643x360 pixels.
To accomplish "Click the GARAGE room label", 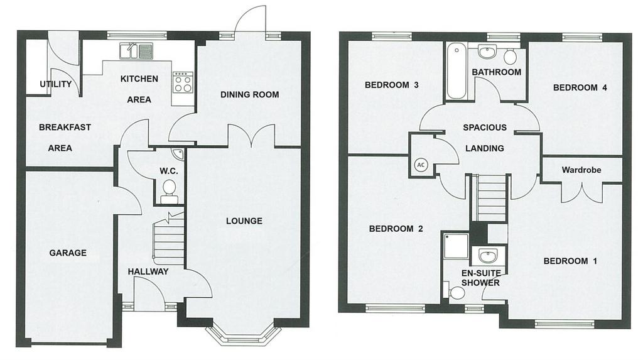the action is click(x=68, y=253).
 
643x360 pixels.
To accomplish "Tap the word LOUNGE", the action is click(x=244, y=221).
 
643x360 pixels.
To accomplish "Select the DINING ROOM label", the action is click(x=249, y=94).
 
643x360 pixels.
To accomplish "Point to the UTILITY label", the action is click(x=56, y=84).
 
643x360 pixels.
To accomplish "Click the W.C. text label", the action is click(x=168, y=171).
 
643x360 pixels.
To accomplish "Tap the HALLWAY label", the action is click(x=148, y=271).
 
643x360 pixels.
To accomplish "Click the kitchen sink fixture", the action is click(x=136, y=52).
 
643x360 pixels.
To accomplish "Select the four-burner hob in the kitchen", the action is click(x=183, y=82).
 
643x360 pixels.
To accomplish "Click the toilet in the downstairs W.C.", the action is click(x=169, y=192).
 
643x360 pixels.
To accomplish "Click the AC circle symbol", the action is click(x=421, y=165).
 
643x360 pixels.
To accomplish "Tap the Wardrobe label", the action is click(x=581, y=170).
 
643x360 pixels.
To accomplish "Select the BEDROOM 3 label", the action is click(x=392, y=85).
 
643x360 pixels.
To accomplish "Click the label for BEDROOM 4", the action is click(x=580, y=87).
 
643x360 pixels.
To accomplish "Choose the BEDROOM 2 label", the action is click(x=396, y=229).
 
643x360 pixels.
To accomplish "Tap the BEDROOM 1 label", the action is click(x=570, y=261).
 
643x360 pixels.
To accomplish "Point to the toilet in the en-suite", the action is click(x=455, y=293).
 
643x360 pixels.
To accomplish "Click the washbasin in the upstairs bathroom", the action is click(x=487, y=53).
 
